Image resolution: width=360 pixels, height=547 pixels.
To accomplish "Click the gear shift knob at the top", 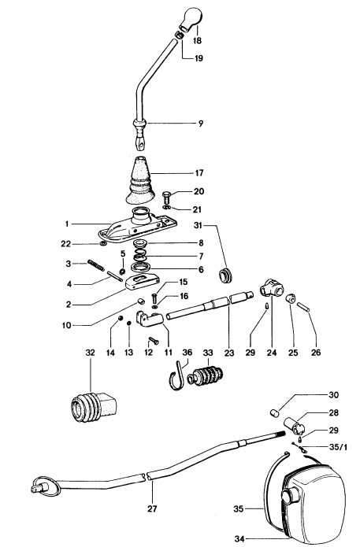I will (x=193, y=17).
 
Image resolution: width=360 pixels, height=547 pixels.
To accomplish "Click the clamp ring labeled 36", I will (x=180, y=379).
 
